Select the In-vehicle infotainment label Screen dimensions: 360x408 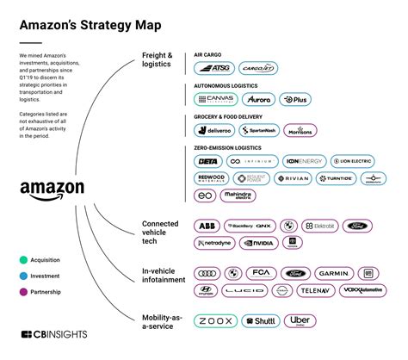(x=164, y=276)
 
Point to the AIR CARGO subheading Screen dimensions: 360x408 (x=211, y=53)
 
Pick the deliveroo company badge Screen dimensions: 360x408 (x=213, y=131)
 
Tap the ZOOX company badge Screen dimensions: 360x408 (x=215, y=320)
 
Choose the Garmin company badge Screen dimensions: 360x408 (x=331, y=273)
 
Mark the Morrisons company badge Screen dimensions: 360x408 (x=300, y=131)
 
